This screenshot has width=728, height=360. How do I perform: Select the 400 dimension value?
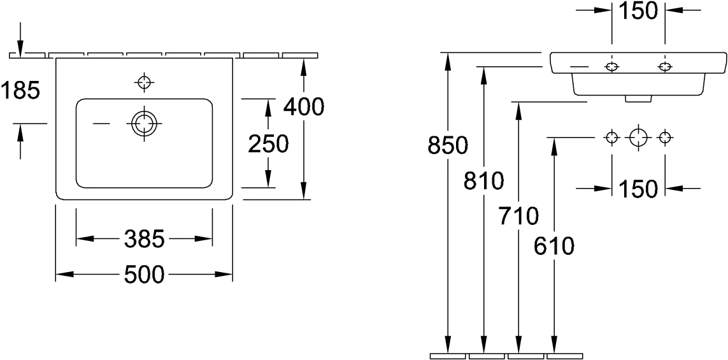[x=304, y=106]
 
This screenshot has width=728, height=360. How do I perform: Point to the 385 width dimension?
[x=145, y=240]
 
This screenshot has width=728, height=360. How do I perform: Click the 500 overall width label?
[x=145, y=275]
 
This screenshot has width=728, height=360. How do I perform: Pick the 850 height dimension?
[x=448, y=146]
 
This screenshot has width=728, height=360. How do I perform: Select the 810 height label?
[x=484, y=182]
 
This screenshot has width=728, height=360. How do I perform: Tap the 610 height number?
[x=555, y=245]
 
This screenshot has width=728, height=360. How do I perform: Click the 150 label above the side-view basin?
[x=639, y=11]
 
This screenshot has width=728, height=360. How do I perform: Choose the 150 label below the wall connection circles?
[x=639, y=189]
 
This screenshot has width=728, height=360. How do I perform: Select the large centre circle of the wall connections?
[x=639, y=138]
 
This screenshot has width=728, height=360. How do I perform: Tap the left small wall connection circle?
[x=612, y=138]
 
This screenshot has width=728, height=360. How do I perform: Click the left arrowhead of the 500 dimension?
[x=65, y=275]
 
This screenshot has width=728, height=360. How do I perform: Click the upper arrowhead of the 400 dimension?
[x=304, y=66]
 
